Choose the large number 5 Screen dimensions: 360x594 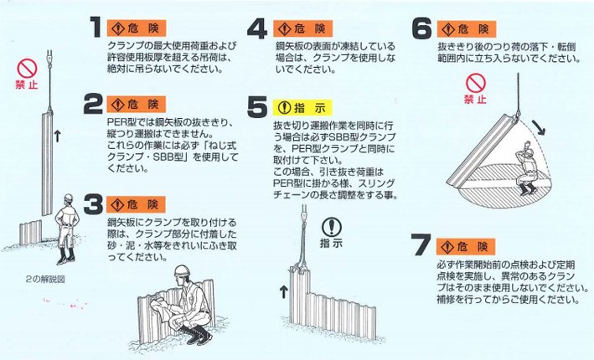(x=259, y=107)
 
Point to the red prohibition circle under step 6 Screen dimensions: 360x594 (x=476, y=83)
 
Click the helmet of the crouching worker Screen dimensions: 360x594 (x=180, y=273)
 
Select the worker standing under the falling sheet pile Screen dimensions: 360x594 (x=526, y=167)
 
